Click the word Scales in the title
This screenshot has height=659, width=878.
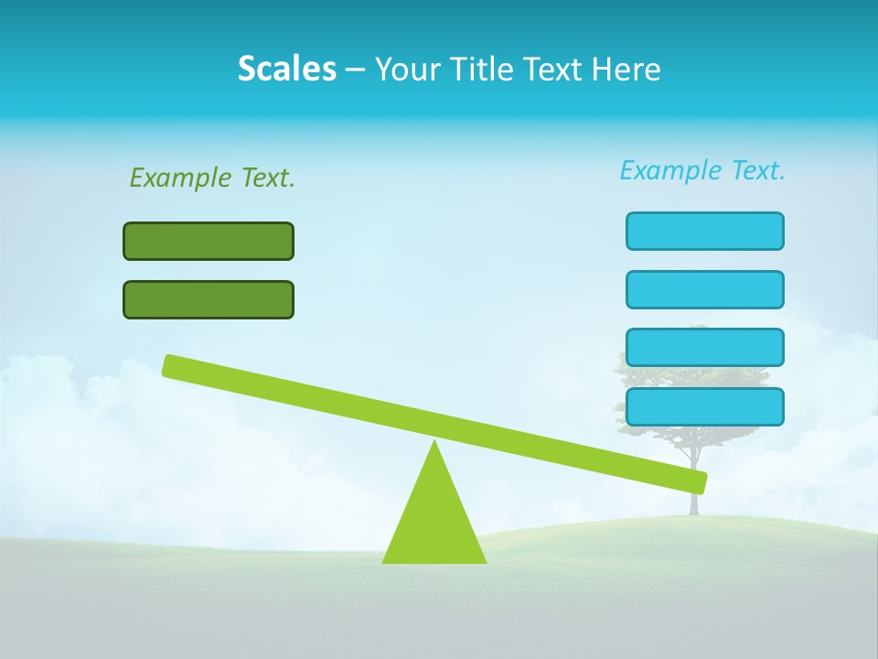[286, 69]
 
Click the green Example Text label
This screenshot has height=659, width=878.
[212, 178]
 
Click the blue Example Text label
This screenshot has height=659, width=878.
[702, 170]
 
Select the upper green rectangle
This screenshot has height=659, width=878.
[209, 241]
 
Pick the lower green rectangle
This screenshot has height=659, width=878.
[209, 299]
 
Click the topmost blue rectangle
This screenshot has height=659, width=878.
[704, 231]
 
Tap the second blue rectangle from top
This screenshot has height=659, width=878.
[704, 289]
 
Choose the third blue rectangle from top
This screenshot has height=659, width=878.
[704, 347]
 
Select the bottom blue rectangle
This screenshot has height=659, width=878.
[704, 406]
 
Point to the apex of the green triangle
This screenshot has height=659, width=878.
[434, 444]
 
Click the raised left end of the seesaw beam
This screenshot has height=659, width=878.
[172, 365]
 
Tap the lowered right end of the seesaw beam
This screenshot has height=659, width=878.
[697, 481]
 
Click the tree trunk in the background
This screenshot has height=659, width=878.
[694, 502]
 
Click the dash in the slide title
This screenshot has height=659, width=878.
[355, 70]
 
